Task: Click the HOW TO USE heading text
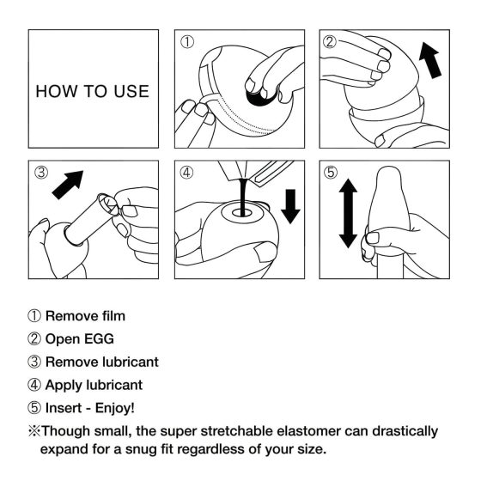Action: pyautogui.click(x=92, y=91)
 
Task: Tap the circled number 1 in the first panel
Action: pyautogui.click(x=187, y=41)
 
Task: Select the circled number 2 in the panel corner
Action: pyautogui.click(x=329, y=41)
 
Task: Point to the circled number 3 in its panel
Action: pyautogui.click(x=40, y=172)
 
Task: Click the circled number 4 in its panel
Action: pyautogui.click(x=187, y=172)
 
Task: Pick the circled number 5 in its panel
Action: pyautogui.click(x=329, y=172)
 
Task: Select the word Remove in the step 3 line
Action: pyautogui.click(x=70, y=362)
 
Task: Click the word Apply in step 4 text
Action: pyautogui.click(x=64, y=385)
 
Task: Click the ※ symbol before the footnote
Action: pyautogui.click(x=35, y=430)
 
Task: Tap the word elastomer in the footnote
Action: pyautogui.click(x=303, y=430)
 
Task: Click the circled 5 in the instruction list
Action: pyautogui.click(x=35, y=407)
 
